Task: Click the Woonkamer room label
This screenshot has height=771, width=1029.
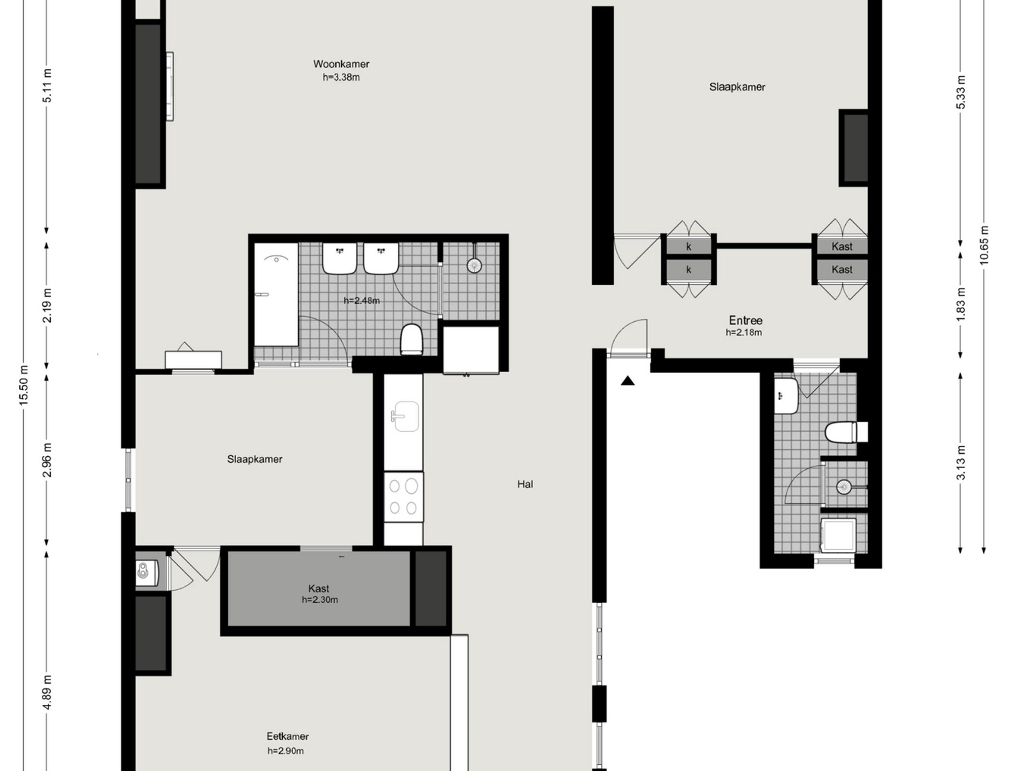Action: pyautogui.click(x=341, y=64)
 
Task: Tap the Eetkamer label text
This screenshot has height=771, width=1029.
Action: pyautogui.click(x=287, y=736)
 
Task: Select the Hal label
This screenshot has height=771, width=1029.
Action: pyautogui.click(x=525, y=484)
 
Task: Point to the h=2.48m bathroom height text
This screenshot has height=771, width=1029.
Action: pyautogui.click(x=361, y=301)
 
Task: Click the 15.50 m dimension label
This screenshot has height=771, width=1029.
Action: pyautogui.click(x=24, y=385)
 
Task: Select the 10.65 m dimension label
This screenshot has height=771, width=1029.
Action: pyautogui.click(x=984, y=245)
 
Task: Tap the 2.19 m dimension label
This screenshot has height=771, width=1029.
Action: pyautogui.click(x=47, y=305)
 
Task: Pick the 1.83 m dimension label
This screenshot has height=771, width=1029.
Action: pyautogui.click(x=961, y=304)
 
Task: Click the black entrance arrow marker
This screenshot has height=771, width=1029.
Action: pyautogui.click(x=628, y=381)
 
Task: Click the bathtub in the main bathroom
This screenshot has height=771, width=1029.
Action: pyautogui.click(x=276, y=294)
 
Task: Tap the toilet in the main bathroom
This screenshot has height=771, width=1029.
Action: pyautogui.click(x=411, y=339)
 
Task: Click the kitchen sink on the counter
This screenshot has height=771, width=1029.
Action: pyautogui.click(x=405, y=416)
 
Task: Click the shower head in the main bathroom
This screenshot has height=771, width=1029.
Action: pyautogui.click(x=474, y=265)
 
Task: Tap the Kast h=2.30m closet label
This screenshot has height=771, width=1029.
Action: pyautogui.click(x=319, y=594)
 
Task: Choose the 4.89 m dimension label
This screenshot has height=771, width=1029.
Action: pyautogui.click(x=47, y=692)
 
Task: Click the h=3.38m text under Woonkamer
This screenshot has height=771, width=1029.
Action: pyautogui.click(x=341, y=78)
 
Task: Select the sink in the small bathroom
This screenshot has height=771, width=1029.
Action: pyautogui.click(x=787, y=396)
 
